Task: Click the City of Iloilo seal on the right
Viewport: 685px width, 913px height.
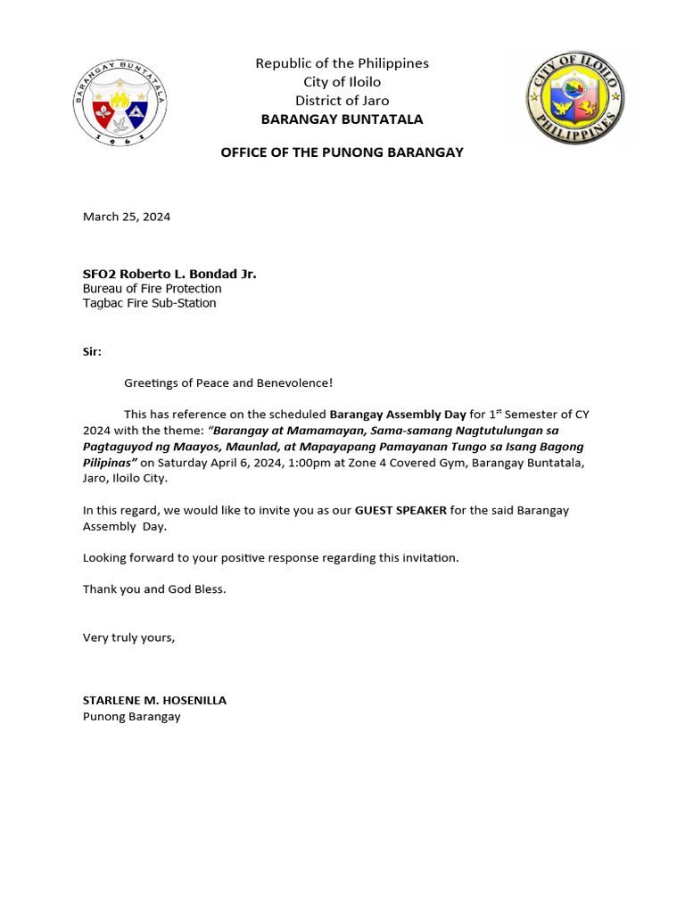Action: click(574, 98)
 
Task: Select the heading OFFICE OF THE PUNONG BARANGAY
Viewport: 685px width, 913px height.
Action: click(342, 152)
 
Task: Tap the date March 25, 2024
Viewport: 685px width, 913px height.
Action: click(127, 217)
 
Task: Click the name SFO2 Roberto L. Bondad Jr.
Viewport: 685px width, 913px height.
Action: click(169, 274)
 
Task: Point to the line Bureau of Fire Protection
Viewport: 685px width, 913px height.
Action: click(152, 289)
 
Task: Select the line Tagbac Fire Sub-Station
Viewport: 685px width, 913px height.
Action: click(149, 303)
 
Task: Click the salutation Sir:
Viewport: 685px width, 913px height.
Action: click(92, 351)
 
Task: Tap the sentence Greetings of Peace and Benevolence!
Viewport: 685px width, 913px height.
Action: click(228, 383)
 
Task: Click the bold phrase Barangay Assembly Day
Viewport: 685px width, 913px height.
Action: click(398, 415)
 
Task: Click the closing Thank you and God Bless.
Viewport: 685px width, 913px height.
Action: click(154, 589)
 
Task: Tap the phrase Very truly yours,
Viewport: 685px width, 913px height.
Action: click(129, 637)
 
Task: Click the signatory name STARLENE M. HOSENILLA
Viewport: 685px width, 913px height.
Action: click(154, 701)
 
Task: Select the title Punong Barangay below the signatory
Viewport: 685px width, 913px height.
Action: click(131, 716)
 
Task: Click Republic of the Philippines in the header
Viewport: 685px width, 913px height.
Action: click(342, 63)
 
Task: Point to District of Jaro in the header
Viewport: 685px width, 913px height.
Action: click(342, 101)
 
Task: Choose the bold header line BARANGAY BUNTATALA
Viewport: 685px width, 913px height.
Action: click(342, 119)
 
